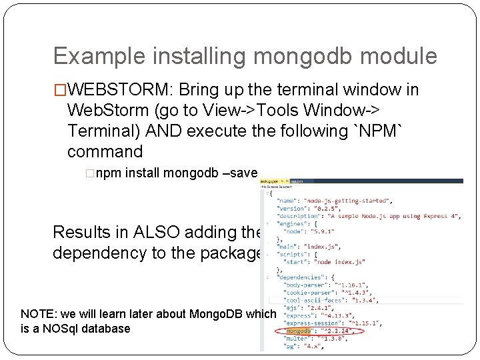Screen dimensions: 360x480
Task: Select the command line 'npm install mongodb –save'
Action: click(176, 173)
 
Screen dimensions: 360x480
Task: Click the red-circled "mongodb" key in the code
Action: click(299, 331)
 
